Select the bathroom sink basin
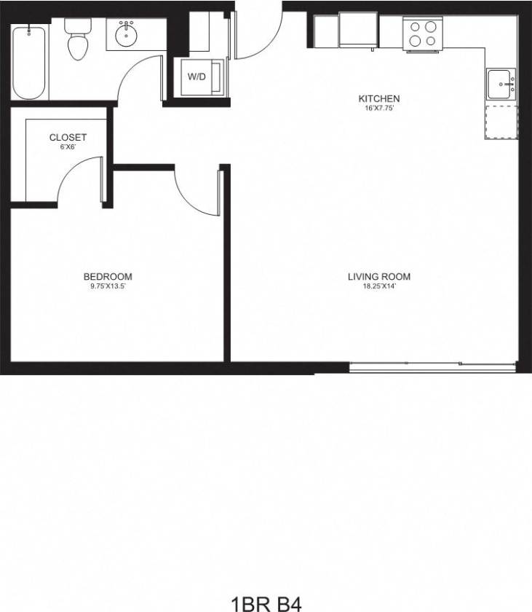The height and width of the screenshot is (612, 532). (x=128, y=35)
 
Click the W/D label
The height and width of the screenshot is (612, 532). (x=196, y=76)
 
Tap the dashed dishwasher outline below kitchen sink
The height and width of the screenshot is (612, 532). (x=501, y=121)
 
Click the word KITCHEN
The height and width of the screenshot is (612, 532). (x=378, y=98)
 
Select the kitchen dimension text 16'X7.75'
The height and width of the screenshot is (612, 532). (x=378, y=109)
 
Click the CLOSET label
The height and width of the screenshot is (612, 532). (x=68, y=137)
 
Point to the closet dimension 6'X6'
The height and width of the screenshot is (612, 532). (x=68, y=147)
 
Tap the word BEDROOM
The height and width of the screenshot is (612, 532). (x=108, y=276)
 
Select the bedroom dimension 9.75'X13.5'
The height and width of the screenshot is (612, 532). (x=108, y=286)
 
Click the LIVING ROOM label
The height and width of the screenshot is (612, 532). (x=378, y=276)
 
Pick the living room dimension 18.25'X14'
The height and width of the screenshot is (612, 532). (x=378, y=286)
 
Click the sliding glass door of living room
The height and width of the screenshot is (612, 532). (x=433, y=366)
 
